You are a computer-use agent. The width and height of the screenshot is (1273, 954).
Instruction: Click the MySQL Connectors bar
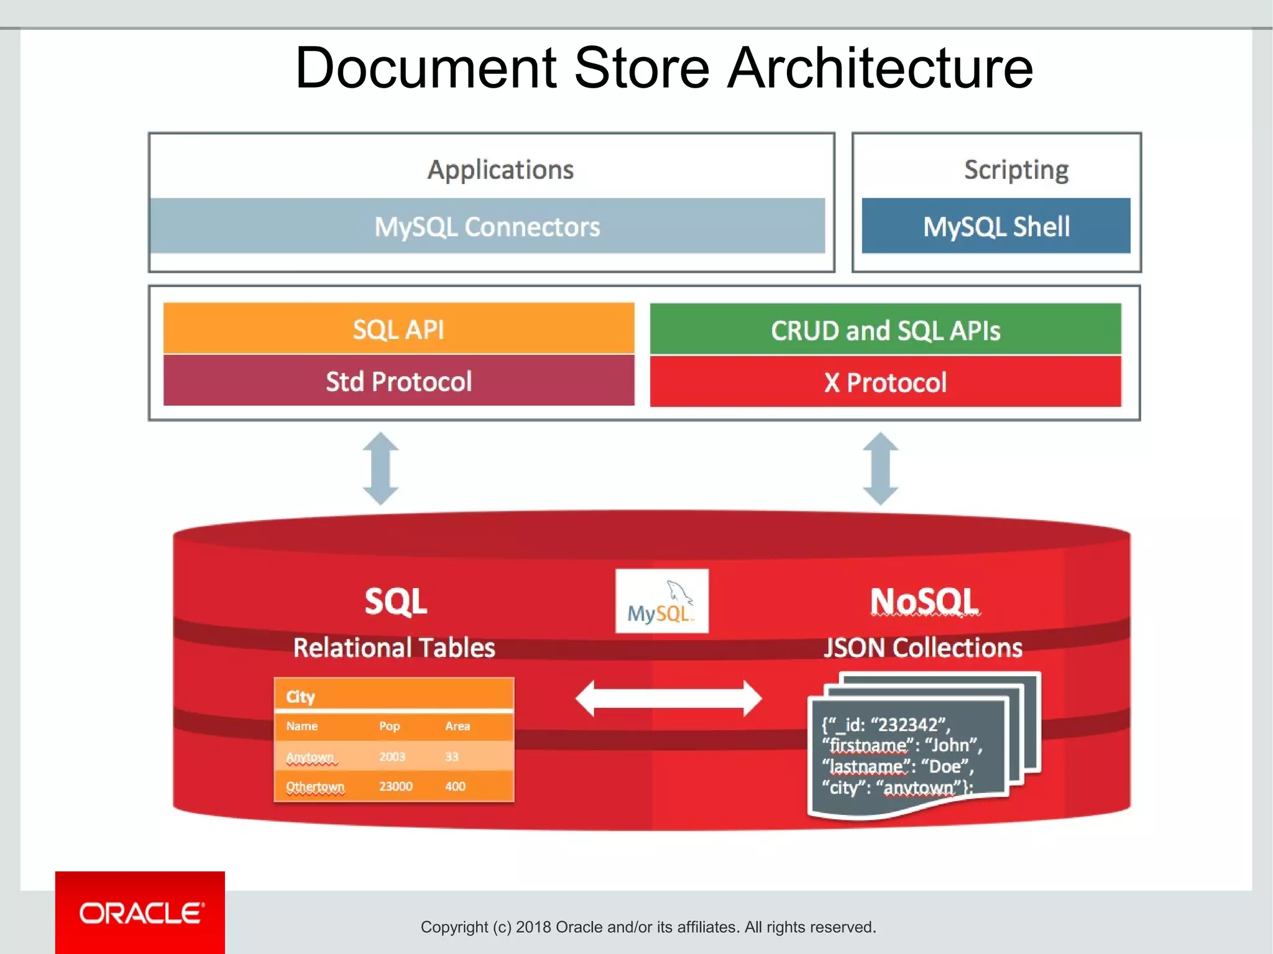pos(487,226)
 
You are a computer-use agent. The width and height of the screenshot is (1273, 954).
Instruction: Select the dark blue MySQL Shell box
pos(996,226)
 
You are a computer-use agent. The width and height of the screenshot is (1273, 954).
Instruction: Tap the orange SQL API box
pos(398,329)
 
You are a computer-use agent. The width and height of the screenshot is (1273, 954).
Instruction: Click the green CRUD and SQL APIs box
pos(885,329)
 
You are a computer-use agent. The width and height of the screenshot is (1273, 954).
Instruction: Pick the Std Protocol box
pos(398,381)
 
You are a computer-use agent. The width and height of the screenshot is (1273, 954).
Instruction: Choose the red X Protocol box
pos(885,382)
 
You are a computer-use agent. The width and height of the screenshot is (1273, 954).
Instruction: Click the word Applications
pos(500,170)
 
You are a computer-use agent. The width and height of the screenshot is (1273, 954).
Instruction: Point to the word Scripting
pos(1016,170)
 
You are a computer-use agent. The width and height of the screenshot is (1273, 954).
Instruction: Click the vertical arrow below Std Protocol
pos(380,469)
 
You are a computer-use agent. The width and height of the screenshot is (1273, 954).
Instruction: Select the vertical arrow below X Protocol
pos(881,469)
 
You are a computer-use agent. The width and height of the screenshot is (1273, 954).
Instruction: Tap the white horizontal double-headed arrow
pos(668,699)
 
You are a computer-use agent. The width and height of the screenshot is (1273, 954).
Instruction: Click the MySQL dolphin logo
pos(661,601)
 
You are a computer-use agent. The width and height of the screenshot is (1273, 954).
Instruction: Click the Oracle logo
pos(140,912)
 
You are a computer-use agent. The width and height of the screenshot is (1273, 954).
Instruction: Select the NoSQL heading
pos(924,601)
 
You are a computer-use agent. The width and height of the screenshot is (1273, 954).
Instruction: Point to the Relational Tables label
pos(394,648)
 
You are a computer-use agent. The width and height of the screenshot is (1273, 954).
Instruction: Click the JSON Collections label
pos(923,648)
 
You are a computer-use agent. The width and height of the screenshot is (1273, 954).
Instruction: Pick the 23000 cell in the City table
pos(395,786)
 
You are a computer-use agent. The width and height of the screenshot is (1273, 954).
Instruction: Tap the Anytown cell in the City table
pos(310,757)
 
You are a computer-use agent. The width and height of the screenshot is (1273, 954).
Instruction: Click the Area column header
pos(457,726)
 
